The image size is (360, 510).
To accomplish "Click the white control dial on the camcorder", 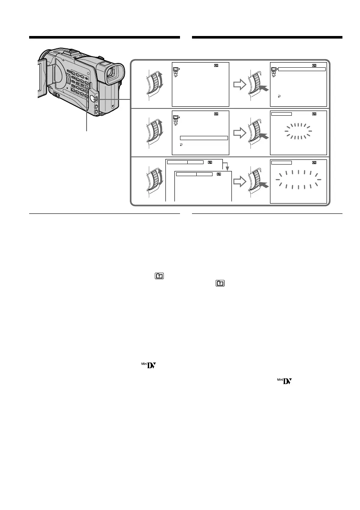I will point(92,99).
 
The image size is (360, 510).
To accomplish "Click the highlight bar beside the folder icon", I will point(302,69).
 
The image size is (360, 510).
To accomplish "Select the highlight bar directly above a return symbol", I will point(204,138).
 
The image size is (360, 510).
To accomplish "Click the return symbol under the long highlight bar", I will point(181,145).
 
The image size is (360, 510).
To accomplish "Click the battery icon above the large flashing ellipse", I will point(315,162).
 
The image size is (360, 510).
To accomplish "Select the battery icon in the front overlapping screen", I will point(219,174).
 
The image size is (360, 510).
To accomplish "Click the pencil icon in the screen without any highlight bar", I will point(176,75).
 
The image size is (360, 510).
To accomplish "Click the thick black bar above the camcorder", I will point(104,37).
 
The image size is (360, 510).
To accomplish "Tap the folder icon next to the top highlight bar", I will point(273,69).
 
